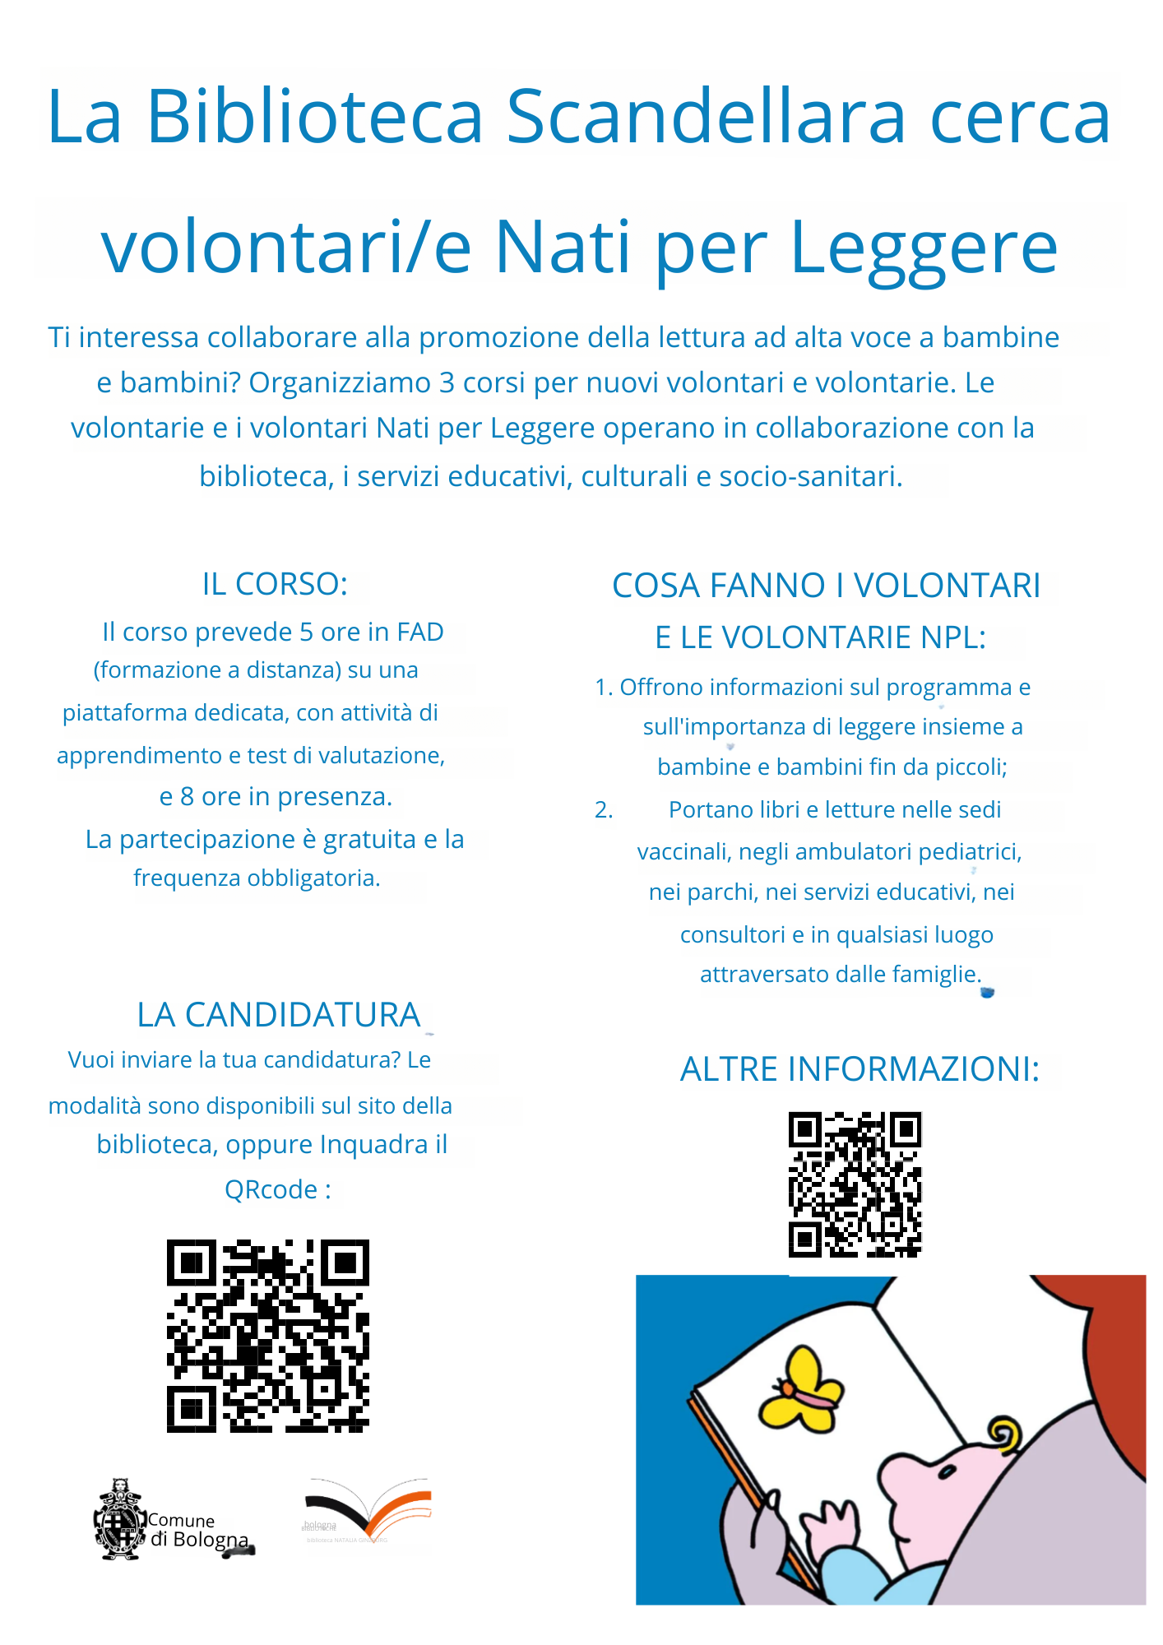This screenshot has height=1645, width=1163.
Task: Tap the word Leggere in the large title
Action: (923, 248)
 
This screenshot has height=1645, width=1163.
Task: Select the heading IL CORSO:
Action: (275, 584)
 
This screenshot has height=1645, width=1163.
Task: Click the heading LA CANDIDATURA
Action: (279, 1015)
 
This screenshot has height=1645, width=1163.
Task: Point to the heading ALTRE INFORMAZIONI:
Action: (860, 1069)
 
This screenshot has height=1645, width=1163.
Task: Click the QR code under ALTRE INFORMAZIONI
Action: (855, 1184)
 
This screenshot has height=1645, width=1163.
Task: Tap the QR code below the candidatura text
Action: (268, 1336)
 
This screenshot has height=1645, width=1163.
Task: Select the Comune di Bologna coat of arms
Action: (120, 1520)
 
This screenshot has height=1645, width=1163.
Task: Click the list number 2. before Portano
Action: (604, 810)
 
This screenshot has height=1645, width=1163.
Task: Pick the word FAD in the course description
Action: (419, 632)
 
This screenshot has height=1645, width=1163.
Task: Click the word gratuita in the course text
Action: (369, 839)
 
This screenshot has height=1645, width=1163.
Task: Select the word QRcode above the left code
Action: (271, 1189)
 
